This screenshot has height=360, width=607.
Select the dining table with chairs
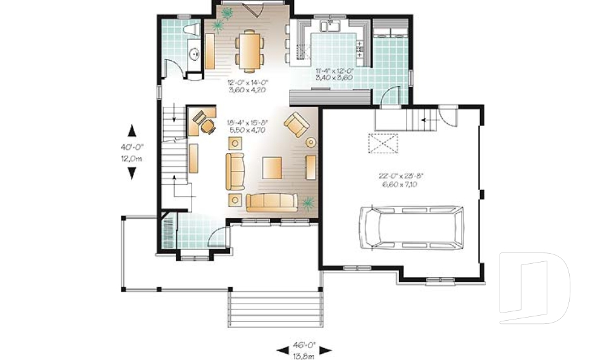coord(249,49)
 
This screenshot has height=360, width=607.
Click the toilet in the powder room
coord(190,30)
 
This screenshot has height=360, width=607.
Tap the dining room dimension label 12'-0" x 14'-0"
coord(247,86)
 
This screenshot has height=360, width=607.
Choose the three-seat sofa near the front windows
coord(272,202)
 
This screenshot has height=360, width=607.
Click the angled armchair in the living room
coord(296,125)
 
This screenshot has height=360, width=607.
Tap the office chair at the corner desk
coord(207,127)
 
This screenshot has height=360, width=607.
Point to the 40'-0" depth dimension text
coord(132,152)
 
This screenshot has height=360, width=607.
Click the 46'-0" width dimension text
coord(304,349)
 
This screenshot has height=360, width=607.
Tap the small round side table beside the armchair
coord(310,142)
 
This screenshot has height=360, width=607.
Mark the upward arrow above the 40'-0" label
coord(132,131)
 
